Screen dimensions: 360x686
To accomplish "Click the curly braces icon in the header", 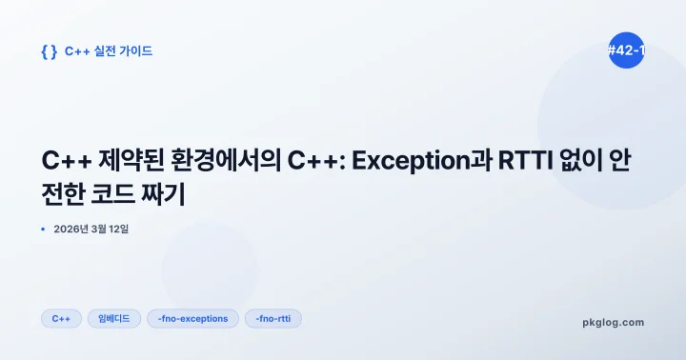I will coord(49,51).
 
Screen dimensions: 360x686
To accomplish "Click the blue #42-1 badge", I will coord(626,50).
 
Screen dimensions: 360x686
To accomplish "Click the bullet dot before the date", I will coord(44,229).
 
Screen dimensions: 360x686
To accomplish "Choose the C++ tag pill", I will coord(61,318).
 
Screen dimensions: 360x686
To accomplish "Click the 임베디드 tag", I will coord(114,318).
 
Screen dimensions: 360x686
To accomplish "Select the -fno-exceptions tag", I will coord(192,318).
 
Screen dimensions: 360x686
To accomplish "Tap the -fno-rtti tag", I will coord(272,318).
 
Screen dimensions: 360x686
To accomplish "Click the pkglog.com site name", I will coord(613,322).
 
